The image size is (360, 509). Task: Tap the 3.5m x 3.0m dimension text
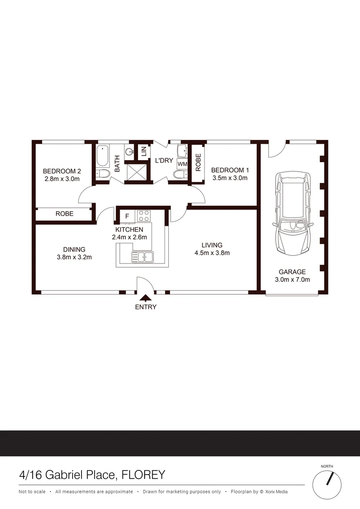(x=229, y=178)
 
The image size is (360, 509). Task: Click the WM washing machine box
(x=182, y=164)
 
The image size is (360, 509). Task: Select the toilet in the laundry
(x=180, y=175)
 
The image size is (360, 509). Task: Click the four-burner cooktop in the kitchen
(x=143, y=216)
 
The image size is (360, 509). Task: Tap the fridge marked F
(x=127, y=216)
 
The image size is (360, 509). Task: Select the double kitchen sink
(x=142, y=257)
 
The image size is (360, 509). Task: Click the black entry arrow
(x=146, y=297)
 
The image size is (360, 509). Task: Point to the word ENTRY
(x=146, y=307)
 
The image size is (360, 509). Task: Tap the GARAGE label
(x=292, y=272)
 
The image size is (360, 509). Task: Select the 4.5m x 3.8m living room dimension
(x=212, y=253)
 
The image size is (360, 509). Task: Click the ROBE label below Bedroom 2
(x=65, y=213)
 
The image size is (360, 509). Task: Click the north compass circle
(x=327, y=483)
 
